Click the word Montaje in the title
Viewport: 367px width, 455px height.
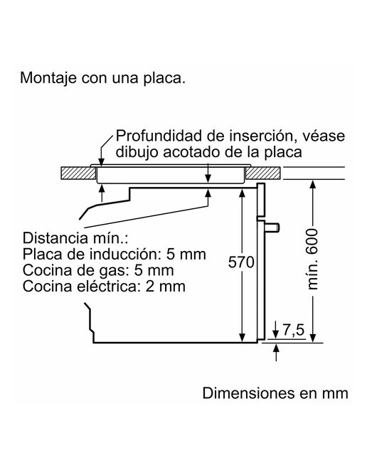(48, 78)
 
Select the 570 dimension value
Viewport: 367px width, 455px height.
(241, 262)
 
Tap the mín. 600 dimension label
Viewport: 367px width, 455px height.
(313, 259)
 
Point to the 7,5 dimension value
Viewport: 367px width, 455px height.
(294, 331)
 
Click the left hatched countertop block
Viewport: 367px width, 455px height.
(78, 173)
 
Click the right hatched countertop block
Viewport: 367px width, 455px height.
(262, 173)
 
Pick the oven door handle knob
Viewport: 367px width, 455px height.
(273, 227)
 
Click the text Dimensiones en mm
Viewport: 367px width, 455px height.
(275, 393)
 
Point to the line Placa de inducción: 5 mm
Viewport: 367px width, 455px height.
(115, 255)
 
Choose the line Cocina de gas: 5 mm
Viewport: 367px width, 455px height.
(98, 270)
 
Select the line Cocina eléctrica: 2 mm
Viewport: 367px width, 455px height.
(104, 287)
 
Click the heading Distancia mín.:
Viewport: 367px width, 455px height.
(75, 238)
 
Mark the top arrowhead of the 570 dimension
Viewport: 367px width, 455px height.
(242, 193)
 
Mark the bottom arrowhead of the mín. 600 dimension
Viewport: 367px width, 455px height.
(313, 338)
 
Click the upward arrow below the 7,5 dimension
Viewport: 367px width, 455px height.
(276, 353)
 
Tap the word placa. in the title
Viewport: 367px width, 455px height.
(164, 78)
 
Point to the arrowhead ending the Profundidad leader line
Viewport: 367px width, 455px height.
(101, 162)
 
